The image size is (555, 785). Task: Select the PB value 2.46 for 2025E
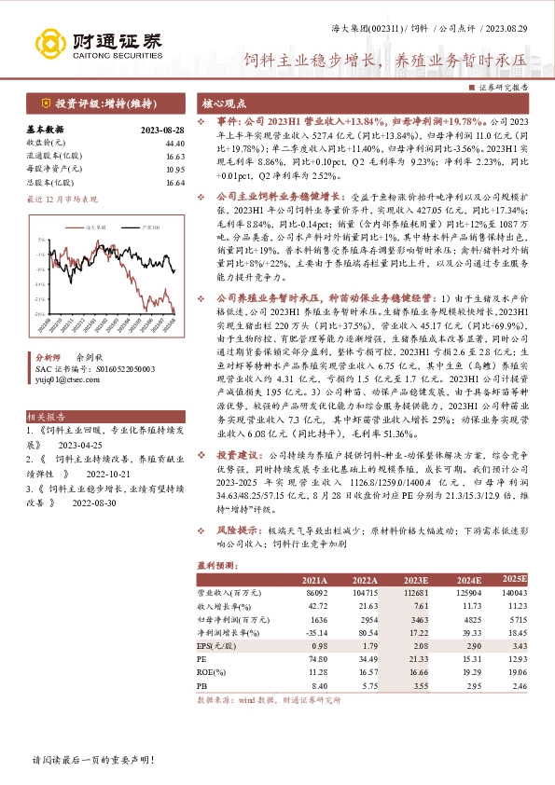pos(517,683)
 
